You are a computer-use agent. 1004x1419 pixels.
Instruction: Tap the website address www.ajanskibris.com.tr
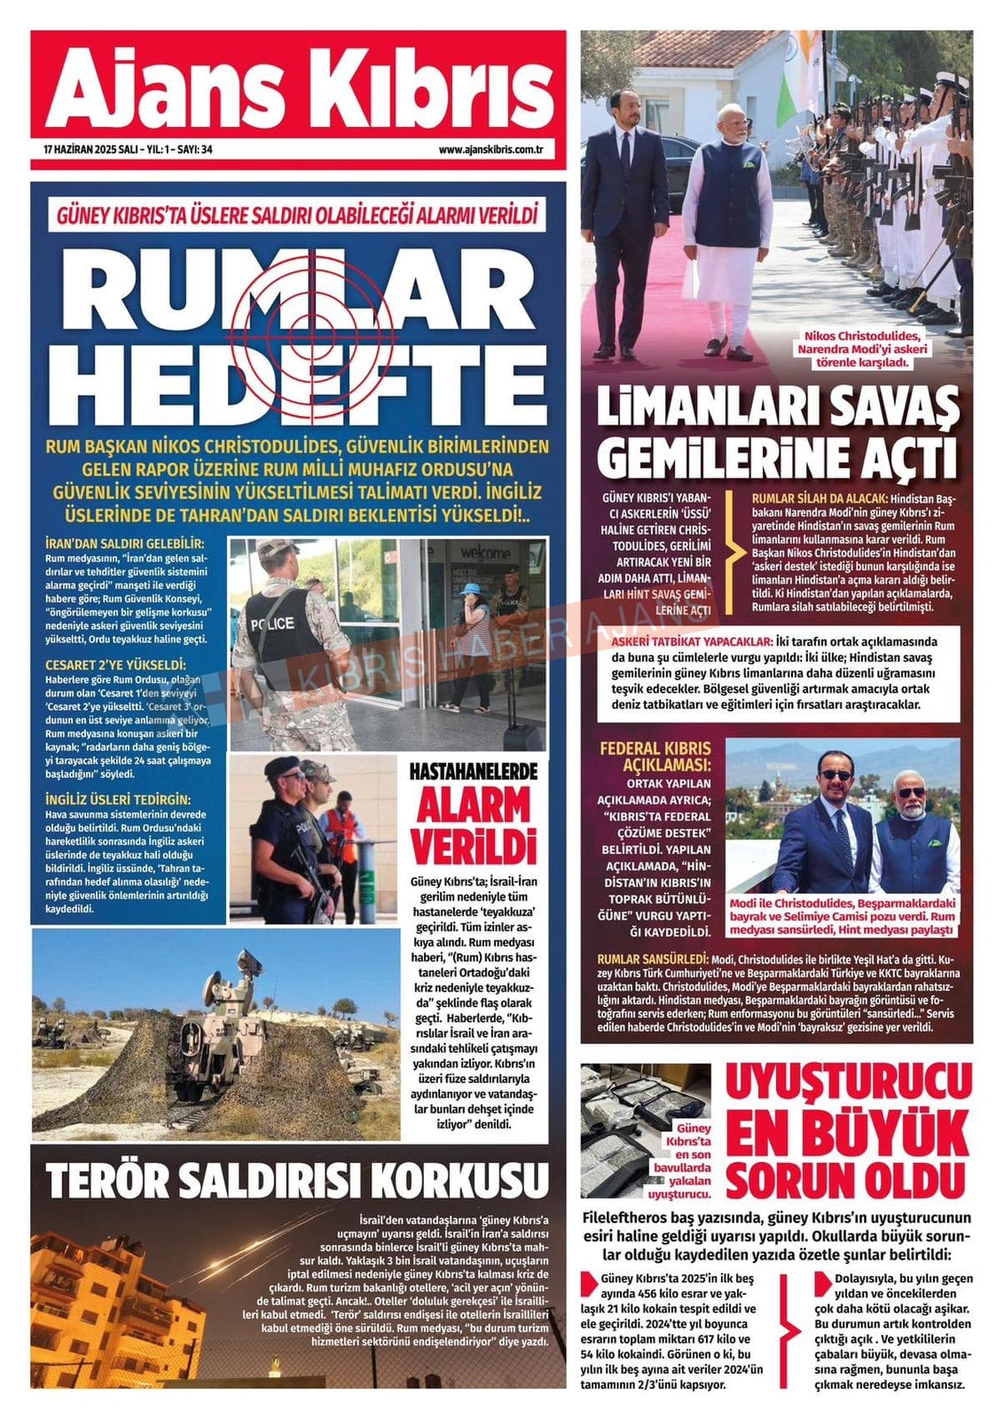coord(491,150)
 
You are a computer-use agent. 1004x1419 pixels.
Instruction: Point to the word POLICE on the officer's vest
coord(271,623)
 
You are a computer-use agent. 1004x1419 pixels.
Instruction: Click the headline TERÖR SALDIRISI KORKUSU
coord(296,1179)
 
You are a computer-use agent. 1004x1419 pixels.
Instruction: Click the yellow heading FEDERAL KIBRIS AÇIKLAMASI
coord(656,755)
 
